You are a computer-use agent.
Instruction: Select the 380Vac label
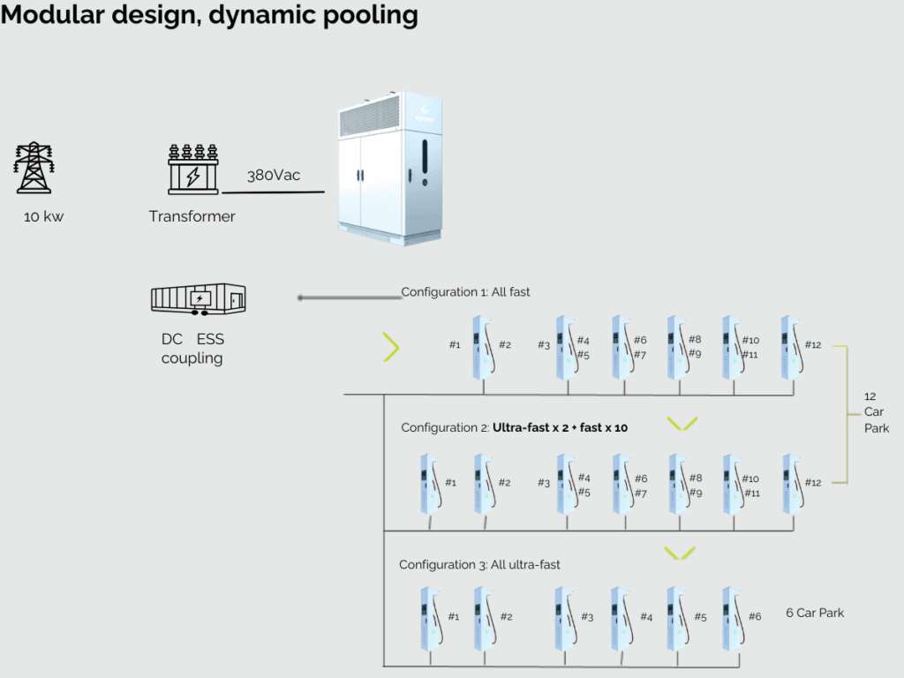pos(274,176)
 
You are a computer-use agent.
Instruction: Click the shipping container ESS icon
pos(199,298)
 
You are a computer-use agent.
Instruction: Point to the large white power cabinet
pos(390,168)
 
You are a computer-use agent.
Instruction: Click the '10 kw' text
pos(44,217)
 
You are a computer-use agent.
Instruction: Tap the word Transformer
pos(192,216)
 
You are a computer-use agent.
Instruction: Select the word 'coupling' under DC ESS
pos(192,358)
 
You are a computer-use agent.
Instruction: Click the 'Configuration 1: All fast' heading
pos(465,292)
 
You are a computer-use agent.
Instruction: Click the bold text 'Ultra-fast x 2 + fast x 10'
pos(560,428)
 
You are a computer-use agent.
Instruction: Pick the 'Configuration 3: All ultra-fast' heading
pos(479,565)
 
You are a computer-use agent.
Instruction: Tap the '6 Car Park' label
pos(815,613)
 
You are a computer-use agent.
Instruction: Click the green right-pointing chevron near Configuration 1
pos(391,347)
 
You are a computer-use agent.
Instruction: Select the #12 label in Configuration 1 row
pos(813,345)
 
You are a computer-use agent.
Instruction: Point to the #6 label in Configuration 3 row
pos(755,617)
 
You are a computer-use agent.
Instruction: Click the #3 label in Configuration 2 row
pos(544,483)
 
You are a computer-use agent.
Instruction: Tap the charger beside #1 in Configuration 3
pos(431,620)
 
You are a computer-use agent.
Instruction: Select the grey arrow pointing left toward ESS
pos(350,298)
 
